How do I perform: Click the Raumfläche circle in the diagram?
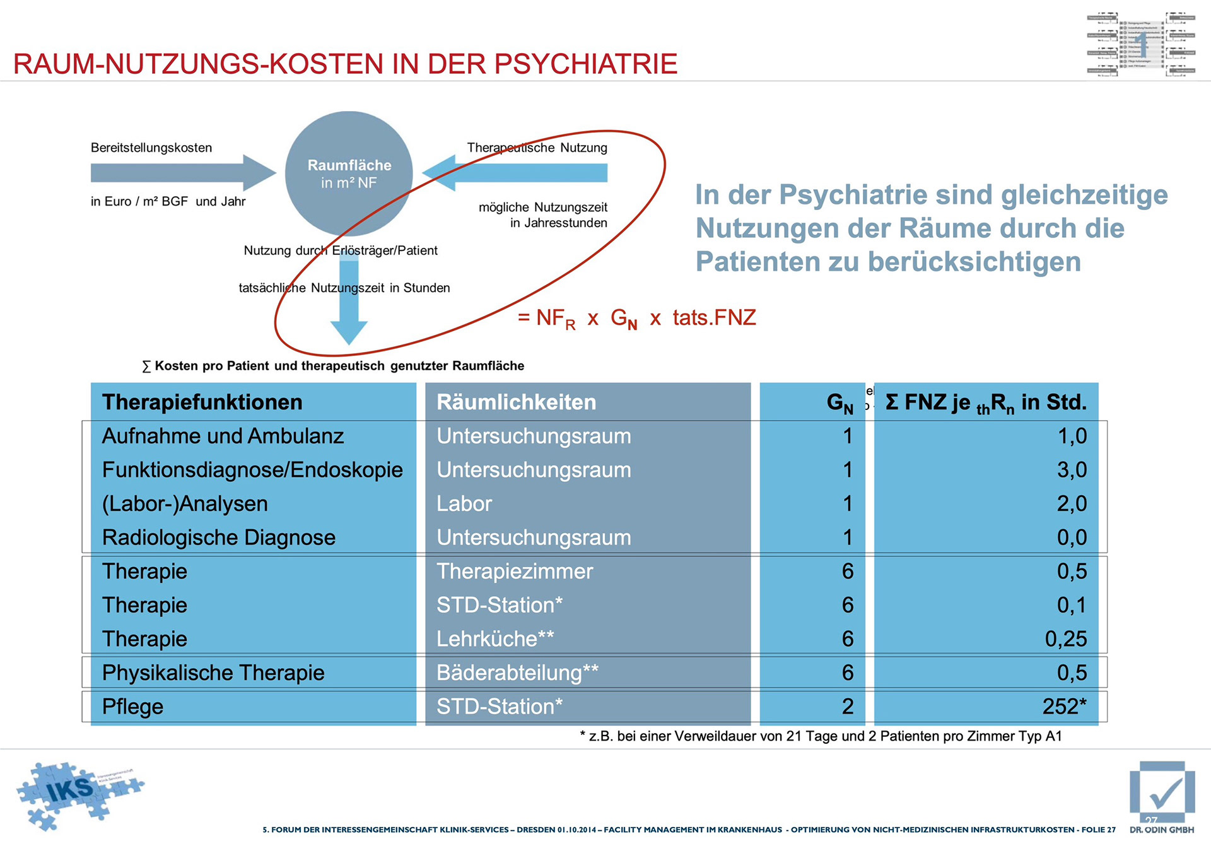(349, 173)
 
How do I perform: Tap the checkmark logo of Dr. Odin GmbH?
(1162, 793)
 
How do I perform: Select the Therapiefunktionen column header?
(202, 402)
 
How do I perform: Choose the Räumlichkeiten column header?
(516, 402)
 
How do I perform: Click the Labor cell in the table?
(464, 503)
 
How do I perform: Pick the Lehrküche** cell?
(495, 638)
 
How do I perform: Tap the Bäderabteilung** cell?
(517, 672)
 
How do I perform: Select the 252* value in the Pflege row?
(1064, 706)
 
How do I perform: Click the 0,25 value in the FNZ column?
(1066, 638)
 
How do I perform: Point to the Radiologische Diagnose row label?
(219, 537)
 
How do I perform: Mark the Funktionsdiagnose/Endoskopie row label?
(252, 470)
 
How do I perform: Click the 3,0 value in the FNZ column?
(1072, 470)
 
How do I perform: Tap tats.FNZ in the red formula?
(714, 317)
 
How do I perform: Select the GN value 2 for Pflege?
(848, 706)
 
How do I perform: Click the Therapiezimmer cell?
(515, 571)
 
